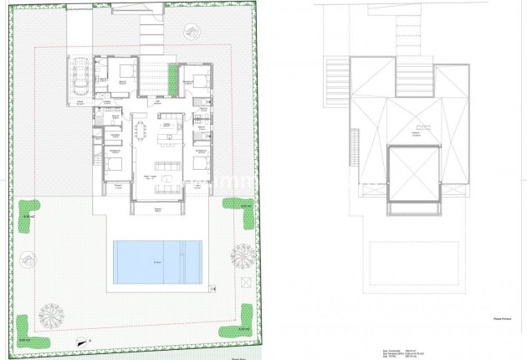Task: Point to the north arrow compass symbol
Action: [x=80, y=340]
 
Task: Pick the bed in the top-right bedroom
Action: [x=201, y=82]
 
